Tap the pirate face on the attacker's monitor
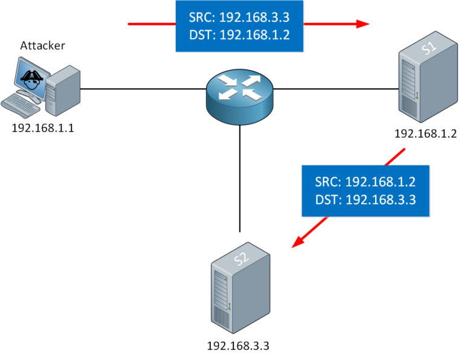[30, 77]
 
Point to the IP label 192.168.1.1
[43, 129]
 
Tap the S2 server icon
[239, 290]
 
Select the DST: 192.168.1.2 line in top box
[239, 34]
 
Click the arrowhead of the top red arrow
[362, 24]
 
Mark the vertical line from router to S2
[240, 181]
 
